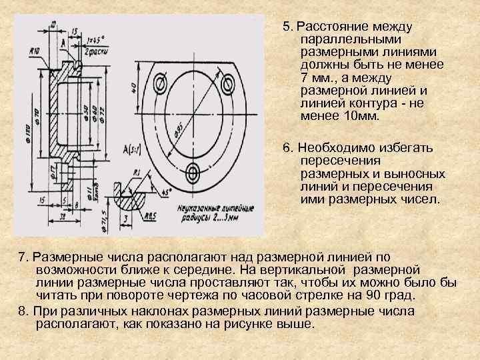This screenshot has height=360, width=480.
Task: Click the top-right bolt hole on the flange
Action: coord(229,84)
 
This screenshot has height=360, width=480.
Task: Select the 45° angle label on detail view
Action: coord(163,191)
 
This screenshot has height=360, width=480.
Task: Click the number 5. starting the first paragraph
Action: coord(287,27)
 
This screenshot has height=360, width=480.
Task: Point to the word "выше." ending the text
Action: coord(295,323)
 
